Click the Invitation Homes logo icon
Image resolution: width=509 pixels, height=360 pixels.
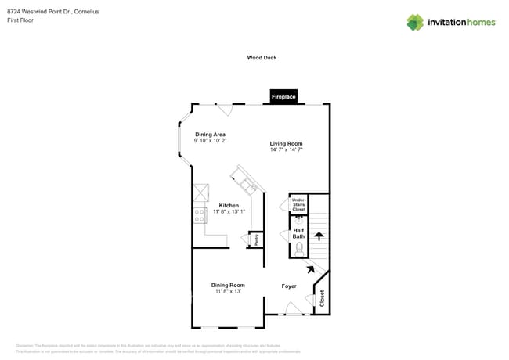pos(415,22)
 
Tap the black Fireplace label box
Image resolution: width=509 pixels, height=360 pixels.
pos(283,96)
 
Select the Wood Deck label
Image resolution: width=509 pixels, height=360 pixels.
pos(262,58)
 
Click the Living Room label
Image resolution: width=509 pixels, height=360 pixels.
pos(286,144)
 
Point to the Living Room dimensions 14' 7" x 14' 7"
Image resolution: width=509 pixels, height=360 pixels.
pos(286,150)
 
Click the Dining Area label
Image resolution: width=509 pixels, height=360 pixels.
pos(211,135)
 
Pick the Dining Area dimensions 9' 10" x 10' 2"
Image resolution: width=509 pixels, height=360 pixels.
pos(211,141)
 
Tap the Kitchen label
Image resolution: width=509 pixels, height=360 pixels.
pos(229,205)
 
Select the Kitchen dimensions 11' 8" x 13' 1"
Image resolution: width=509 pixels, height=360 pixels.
pos(229,211)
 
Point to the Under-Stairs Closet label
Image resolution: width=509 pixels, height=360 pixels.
pos(298,205)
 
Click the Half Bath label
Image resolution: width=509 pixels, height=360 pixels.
pos(298,233)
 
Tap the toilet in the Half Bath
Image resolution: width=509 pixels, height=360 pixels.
pos(298,250)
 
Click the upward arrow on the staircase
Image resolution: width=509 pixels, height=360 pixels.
pos(318,234)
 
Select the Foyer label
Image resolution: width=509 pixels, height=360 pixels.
pos(289,286)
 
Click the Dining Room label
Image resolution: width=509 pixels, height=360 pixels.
pos(228,285)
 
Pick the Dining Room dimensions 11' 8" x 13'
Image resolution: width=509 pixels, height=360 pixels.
pos(228,291)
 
